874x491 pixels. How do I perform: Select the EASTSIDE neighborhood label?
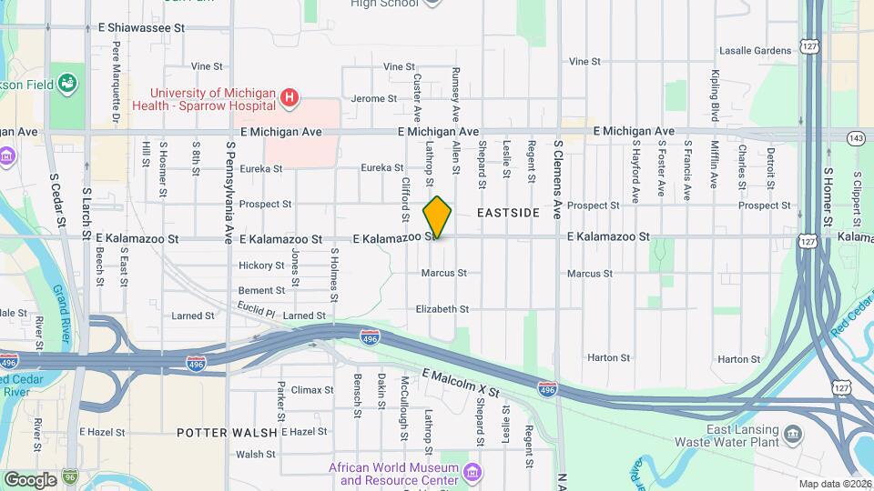508,213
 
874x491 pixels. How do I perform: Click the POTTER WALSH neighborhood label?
220,432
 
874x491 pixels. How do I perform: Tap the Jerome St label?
369,98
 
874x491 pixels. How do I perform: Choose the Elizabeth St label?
442,309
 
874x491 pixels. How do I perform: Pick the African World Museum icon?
472,473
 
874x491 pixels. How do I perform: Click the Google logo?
30,479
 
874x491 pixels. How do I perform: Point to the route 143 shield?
855,137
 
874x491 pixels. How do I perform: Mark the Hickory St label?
261,266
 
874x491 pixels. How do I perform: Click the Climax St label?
312,390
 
